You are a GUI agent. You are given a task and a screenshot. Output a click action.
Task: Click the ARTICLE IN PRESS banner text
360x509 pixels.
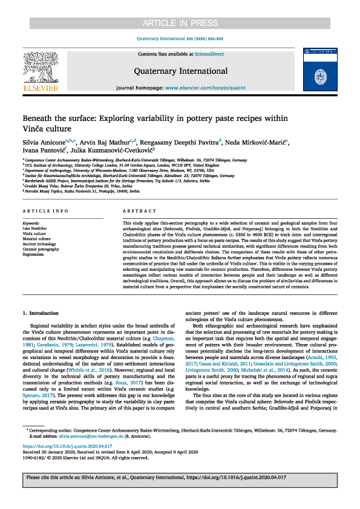click(180, 7)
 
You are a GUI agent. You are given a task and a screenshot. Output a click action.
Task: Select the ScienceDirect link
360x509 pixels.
click(209, 54)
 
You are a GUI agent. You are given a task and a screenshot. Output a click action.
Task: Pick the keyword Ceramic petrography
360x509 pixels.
click(41, 248)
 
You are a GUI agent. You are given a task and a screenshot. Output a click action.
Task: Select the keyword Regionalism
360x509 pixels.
click(34, 253)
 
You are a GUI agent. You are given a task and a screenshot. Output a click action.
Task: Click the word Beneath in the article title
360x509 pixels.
click(40, 118)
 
